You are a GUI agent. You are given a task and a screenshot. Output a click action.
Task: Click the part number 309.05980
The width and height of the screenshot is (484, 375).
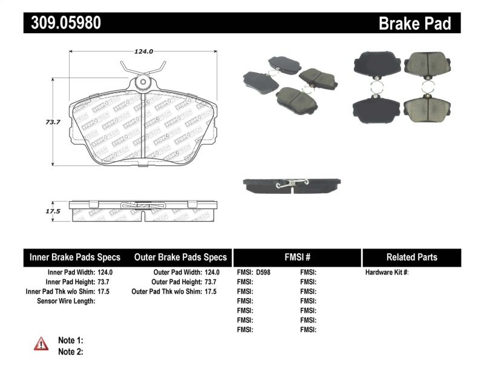click(63, 23)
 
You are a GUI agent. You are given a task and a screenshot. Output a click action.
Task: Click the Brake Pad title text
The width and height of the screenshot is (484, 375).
click(414, 23)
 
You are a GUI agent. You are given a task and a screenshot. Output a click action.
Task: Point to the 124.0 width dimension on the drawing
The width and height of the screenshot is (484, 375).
click(143, 51)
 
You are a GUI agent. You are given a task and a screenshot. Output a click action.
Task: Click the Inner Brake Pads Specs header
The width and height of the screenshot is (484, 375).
click(75, 257)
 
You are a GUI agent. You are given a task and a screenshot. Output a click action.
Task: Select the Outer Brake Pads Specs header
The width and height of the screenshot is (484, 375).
click(180, 257)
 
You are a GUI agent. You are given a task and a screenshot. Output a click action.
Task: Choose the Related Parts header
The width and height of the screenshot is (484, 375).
click(411, 257)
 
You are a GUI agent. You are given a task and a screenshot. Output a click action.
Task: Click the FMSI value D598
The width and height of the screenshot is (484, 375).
click(263, 273)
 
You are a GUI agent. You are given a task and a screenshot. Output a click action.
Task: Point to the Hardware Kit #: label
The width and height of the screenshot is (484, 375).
click(387, 273)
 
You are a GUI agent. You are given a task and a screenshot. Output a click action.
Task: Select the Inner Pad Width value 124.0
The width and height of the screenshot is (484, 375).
click(105, 273)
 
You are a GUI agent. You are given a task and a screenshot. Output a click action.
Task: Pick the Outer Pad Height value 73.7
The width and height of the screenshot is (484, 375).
click(210, 282)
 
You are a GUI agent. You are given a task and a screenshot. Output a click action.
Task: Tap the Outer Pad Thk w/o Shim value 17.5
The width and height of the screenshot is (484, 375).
click(210, 292)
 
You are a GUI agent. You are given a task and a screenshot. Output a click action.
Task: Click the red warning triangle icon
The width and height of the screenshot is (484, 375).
click(41, 344)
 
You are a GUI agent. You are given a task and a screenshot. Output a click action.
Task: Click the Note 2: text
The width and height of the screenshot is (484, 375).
click(70, 351)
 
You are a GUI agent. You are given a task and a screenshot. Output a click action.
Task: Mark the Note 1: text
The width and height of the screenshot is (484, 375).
click(70, 340)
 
